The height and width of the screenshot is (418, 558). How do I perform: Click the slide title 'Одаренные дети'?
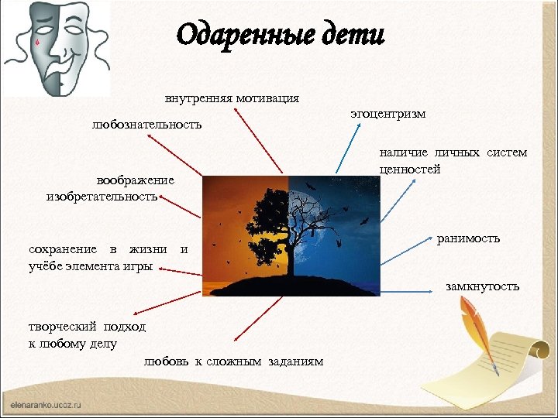(x=280, y=35)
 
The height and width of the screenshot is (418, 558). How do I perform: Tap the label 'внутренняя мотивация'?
(x=232, y=99)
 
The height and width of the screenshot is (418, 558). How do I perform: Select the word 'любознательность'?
(x=146, y=124)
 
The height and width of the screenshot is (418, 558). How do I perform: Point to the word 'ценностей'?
(x=410, y=169)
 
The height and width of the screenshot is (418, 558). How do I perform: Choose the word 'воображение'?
(x=135, y=180)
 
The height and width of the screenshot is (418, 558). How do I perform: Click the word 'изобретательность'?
(x=102, y=197)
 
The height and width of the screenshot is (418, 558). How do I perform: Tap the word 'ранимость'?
(x=468, y=238)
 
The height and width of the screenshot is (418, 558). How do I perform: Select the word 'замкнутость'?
(x=482, y=287)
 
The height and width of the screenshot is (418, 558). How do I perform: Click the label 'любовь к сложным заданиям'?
(x=233, y=362)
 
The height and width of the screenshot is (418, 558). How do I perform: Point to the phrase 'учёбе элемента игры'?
(x=90, y=266)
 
